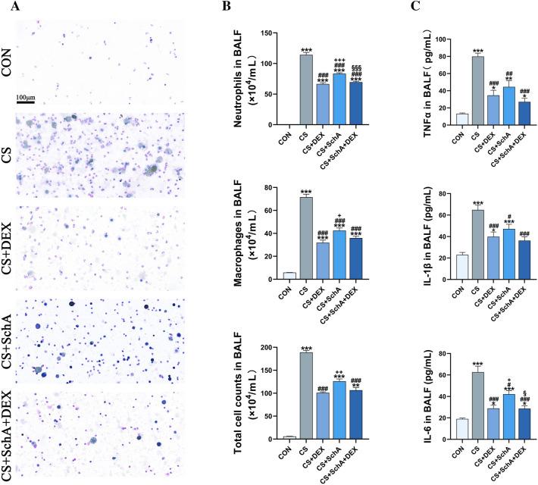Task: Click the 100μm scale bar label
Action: tap(30, 99)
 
